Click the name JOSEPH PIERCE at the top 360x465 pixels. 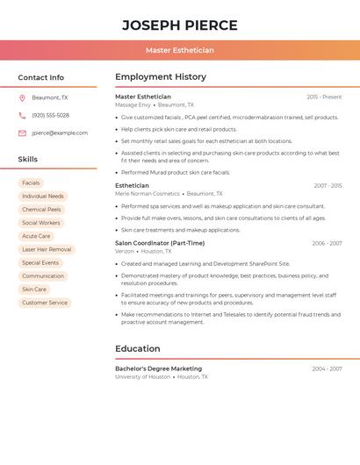(x=179, y=25)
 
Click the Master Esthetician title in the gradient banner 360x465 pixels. (x=179, y=50)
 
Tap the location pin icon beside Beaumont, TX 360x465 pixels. (x=22, y=97)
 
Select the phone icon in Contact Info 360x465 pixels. (x=22, y=115)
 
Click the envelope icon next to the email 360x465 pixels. (x=22, y=132)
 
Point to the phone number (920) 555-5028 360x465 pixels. (x=50, y=115)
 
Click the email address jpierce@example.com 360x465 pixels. (x=60, y=132)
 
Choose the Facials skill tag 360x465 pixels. (x=31, y=182)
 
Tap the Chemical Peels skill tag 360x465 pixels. (x=41, y=210)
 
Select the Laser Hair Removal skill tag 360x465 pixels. (x=47, y=249)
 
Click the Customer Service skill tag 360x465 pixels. (x=45, y=303)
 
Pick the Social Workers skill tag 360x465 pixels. (x=41, y=223)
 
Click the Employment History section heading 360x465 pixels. (x=161, y=77)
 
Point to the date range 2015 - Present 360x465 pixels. (x=324, y=97)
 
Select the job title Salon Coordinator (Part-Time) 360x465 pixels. (x=160, y=243)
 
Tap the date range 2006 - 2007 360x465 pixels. (x=327, y=243)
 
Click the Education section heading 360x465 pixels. (x=138, y=348)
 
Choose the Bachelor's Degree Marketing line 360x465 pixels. (x=158, y=368)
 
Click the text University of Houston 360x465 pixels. (x=142, y=376)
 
